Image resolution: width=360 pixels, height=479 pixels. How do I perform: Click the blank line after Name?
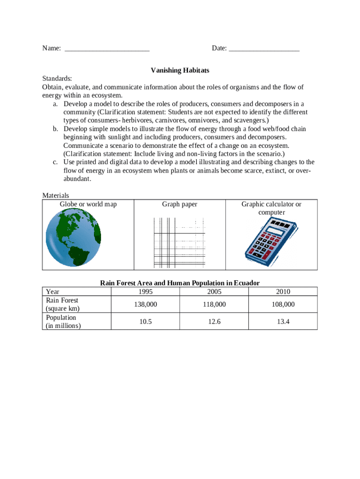point(107,49)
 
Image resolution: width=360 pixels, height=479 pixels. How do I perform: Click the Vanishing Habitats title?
point(180,70)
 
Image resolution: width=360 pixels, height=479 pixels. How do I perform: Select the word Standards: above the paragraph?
point(57,79)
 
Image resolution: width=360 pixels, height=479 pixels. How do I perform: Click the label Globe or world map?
point(88,204)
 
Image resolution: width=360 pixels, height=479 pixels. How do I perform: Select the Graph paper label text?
point(180,204)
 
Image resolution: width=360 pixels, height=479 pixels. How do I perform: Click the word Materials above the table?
point(56,196)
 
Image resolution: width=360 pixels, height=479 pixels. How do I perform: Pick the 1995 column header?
point(145,292)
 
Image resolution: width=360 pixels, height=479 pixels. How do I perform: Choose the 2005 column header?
point(214,292)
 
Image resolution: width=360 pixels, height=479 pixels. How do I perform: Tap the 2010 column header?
point(283,292)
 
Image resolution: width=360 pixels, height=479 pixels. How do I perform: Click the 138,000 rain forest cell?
point(145,305)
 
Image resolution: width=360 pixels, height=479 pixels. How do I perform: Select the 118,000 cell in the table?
point(214,305)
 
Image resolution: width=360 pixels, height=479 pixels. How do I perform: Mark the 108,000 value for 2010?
point(283,305)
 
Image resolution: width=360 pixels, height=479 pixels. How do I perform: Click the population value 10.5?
point(145,322)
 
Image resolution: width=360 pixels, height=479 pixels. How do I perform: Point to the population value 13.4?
point(283,322)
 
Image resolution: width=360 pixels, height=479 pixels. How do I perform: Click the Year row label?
point(53,292)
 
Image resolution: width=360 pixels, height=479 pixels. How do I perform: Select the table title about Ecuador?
point(180,283)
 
